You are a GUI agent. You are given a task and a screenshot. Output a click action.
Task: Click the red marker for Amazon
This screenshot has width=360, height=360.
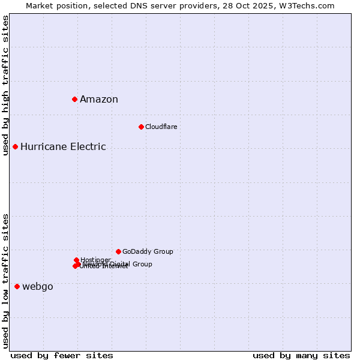pos(74,99)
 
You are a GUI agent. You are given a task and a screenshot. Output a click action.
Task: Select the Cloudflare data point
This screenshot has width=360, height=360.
pos(141,127)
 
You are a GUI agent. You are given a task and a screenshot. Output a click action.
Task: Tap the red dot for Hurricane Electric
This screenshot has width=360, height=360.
pos(15,146)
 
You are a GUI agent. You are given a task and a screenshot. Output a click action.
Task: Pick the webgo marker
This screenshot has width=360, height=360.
pos(17,287)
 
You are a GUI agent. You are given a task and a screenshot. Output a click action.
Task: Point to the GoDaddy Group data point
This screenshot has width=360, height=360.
pos(118,251)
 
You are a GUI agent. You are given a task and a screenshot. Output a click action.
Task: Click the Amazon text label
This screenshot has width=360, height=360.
pos(99,100)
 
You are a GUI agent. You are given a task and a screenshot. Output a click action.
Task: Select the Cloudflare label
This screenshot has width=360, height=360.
pos(161,127)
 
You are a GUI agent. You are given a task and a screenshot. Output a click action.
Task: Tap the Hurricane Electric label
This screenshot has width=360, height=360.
pos(63,147)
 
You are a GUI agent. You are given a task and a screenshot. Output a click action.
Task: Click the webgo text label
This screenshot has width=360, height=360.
pos(38,287)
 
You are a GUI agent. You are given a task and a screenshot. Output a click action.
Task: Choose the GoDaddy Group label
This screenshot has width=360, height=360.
pos(148,251)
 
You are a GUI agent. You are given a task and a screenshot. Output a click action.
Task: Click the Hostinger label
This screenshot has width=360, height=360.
pos(96,259)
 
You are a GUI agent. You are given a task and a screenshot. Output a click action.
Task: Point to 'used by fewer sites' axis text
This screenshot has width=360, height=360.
pos(62,355)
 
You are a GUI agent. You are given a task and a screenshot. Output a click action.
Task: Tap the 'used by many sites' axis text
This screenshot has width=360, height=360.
pos(301,355)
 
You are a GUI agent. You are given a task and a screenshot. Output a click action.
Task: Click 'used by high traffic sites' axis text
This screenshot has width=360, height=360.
pos(5,85)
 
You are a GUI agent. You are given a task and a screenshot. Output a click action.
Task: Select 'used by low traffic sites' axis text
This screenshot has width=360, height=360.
pos(5,281)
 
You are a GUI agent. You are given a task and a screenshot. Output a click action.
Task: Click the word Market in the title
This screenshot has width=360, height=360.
pos(40,5)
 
